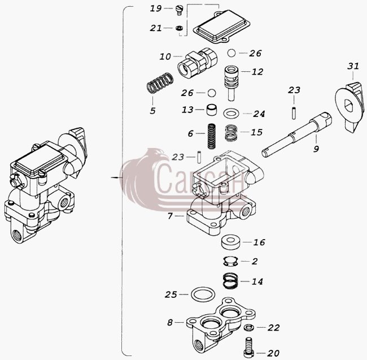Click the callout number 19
pyautogui.click(x=156, y=8)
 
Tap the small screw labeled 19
pyautogui.click(x=179, y=11)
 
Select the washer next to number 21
pyautogui.click(x=179, y=28)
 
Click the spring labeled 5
pyautogui.click(x=160, y=83)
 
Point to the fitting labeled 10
pyautogui.click(x=198, y=62)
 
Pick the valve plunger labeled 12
pyautogui.click(x=231, y=83)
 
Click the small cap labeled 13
pyautogui.click(x=212, y=110)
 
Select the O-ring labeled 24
pyautogui.click(x=231, y=114)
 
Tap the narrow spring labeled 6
pyautogui.click(x=212, y=136)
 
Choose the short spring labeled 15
pyautogui.click(x=231, y=133)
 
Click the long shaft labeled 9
pyautogui.click(x=296, y=135)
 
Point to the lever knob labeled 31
pyautogui.click(x=349, y=107)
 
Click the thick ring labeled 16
pyautogui.click(x=231, y=242)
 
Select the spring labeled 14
pyautogui.click(x=230, y=280)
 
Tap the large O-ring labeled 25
pyautogui.click(x=203, y=294)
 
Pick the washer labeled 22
pyautogui.click(x=249, y=327)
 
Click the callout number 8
pyautogui.click(x=170, y=323)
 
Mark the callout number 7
pyautogui.click(x=170, y=216)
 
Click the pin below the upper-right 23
pyautogui.click(x=294, y=113)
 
